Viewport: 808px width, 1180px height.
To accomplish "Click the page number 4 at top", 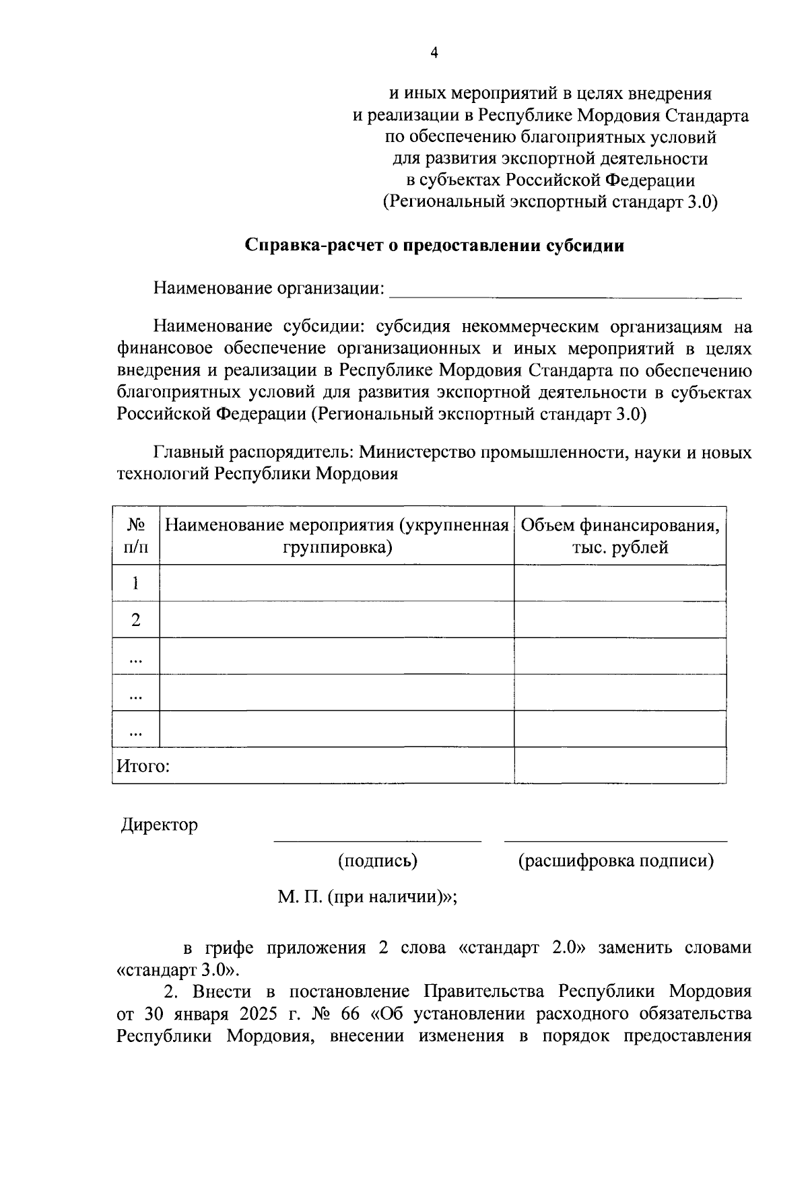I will tap(434, 53).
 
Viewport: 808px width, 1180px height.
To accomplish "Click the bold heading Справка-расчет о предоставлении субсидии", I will tap(434, 246).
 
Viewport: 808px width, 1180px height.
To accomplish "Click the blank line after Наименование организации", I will tap(566, 291).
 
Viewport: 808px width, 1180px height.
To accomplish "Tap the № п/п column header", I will tap(136, 536).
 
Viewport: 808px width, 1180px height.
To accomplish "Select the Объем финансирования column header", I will tap(619, 536).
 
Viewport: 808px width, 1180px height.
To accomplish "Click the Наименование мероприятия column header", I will tap(337, 536).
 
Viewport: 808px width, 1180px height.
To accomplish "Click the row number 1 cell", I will tap(136, 583).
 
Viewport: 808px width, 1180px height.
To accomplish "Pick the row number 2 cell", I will tap(136, 619).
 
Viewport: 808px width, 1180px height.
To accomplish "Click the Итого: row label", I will tap(143, 766).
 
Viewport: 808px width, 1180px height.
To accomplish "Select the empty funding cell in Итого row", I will tap(619, 765).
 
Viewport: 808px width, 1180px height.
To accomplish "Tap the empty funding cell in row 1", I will tap(619, 583).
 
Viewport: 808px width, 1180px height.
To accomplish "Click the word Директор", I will tap(160, 825).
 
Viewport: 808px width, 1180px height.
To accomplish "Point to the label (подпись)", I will tap(377, 861).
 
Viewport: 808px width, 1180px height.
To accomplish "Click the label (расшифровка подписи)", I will tap(615, 861).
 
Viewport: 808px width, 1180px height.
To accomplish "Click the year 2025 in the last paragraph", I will tap(256, 1014).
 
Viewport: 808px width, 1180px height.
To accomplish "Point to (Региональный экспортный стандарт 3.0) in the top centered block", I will tap(550, 202).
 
